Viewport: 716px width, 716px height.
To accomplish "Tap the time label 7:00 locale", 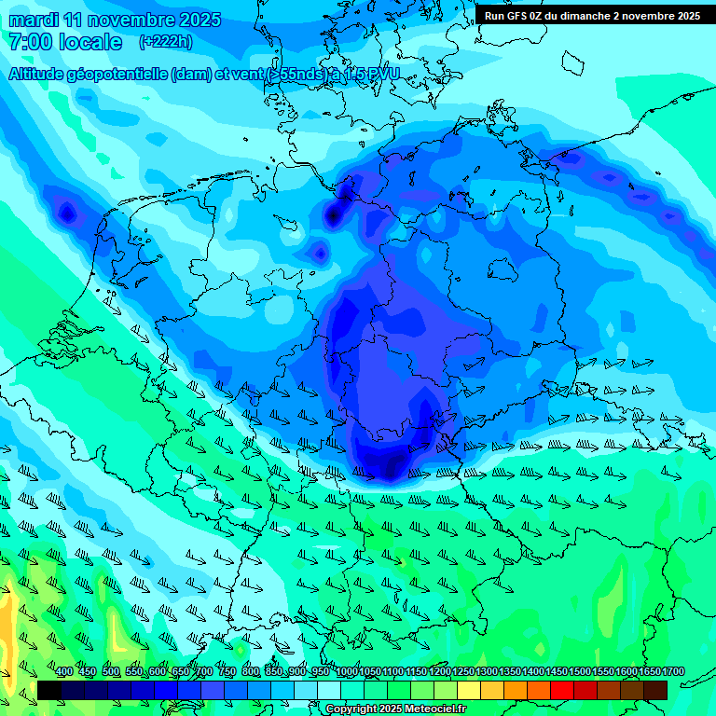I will (64, 42).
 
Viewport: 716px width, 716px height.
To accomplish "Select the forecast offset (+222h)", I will (165, 42).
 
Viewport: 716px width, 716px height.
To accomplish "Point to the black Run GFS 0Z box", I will (592, 16).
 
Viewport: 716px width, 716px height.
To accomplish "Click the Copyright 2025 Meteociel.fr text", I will (396, 709).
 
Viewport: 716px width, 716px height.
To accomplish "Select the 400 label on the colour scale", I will (64, 671).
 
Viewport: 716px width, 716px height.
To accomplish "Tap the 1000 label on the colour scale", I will (347, 671).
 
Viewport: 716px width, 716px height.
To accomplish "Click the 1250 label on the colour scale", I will (463, 671).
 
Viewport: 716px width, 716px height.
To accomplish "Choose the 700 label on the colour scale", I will (204, 671).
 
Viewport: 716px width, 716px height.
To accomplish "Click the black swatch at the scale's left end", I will (49, 690).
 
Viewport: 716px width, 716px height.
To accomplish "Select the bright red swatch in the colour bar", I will (562, 690).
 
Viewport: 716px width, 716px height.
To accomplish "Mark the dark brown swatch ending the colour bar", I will (655, 690).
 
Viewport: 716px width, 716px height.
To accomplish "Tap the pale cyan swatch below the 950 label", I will (329, 690).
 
